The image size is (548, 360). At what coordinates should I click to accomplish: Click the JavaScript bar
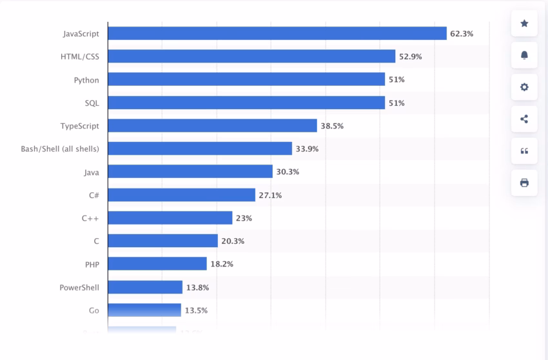(277, 34)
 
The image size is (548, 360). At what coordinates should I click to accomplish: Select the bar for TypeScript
(212, 126)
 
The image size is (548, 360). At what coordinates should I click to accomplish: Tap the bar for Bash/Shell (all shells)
(200, 149)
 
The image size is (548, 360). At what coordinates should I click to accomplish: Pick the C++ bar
(170, 218)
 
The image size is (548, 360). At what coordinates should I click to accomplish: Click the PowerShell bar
(145, 287)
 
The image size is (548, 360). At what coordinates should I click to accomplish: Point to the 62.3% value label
(462, 34)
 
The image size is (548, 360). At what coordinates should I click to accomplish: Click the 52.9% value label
(410, 57)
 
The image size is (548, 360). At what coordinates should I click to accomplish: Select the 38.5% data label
(332, 126)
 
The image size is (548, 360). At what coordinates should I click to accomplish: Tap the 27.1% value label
(270, 195)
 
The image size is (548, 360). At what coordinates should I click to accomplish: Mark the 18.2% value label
(222, 265)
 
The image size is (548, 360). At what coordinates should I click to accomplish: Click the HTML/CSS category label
(80, 57)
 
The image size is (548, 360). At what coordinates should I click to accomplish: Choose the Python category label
(86, 80)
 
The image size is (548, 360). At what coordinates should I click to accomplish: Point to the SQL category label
(92, 103)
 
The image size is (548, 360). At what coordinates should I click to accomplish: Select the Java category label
(91, 172)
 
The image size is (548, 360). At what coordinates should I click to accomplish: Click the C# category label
(93, 195)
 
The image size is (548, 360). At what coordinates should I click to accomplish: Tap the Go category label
(93, 310)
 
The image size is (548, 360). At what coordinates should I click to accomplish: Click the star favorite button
(524, 24)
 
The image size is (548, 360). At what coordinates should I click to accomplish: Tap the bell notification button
(524, 55)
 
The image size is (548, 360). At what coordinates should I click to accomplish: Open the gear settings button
(524, 87)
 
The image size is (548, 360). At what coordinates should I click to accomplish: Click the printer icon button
(524, 183)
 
